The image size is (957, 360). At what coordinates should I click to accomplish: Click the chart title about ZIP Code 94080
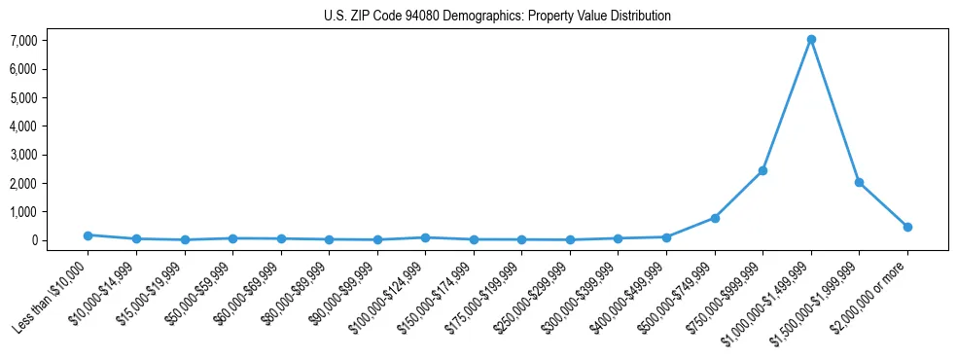pyautogui.click(x=497, y=16)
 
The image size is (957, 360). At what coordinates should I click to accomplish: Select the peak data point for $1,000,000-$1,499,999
pyautogui.click(x=810, y=40)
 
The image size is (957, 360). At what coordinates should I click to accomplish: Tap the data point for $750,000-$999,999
pyautogui.click(x=762, y=170)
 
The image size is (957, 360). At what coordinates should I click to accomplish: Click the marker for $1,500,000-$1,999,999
pyautogui.click(x=859, y=182)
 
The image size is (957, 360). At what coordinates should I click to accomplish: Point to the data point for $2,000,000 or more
pyautogui.click(x=907, y=227)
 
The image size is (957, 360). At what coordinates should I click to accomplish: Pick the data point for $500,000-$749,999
pyautogui.click(x=715, y=218)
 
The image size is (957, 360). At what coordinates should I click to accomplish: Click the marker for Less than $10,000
pyautogui.click(x=88, y=235)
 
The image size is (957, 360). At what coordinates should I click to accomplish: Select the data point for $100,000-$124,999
pyautogui.click(x=425, y=237)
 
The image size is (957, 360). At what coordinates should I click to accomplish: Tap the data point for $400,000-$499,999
pyautogui.click(x=666, y=237)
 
